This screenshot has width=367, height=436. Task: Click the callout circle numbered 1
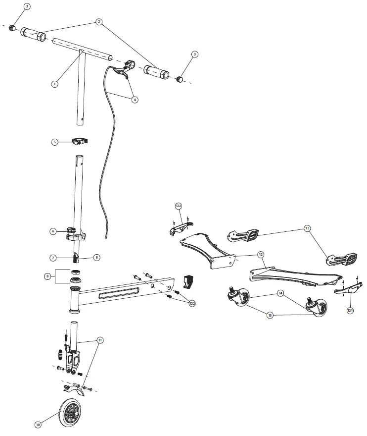[x=55, y=84]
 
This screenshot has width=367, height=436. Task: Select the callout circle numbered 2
[x=99, y=22]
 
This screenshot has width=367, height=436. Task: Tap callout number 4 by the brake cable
[x=135, y=99]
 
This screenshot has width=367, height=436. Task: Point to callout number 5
[x=55, y=142]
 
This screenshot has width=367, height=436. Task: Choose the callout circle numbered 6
[x=53, y=231]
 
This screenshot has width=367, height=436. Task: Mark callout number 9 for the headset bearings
[x=47, y=276]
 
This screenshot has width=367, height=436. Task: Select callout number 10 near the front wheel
[x=38, y=424]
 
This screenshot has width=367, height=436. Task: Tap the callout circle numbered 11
[x=100, y=340]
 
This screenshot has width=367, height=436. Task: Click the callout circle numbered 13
[x=307, y=229]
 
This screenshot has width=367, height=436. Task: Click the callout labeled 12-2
[x=192, y=304]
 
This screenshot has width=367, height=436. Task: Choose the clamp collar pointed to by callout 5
[x=80, y=142]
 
